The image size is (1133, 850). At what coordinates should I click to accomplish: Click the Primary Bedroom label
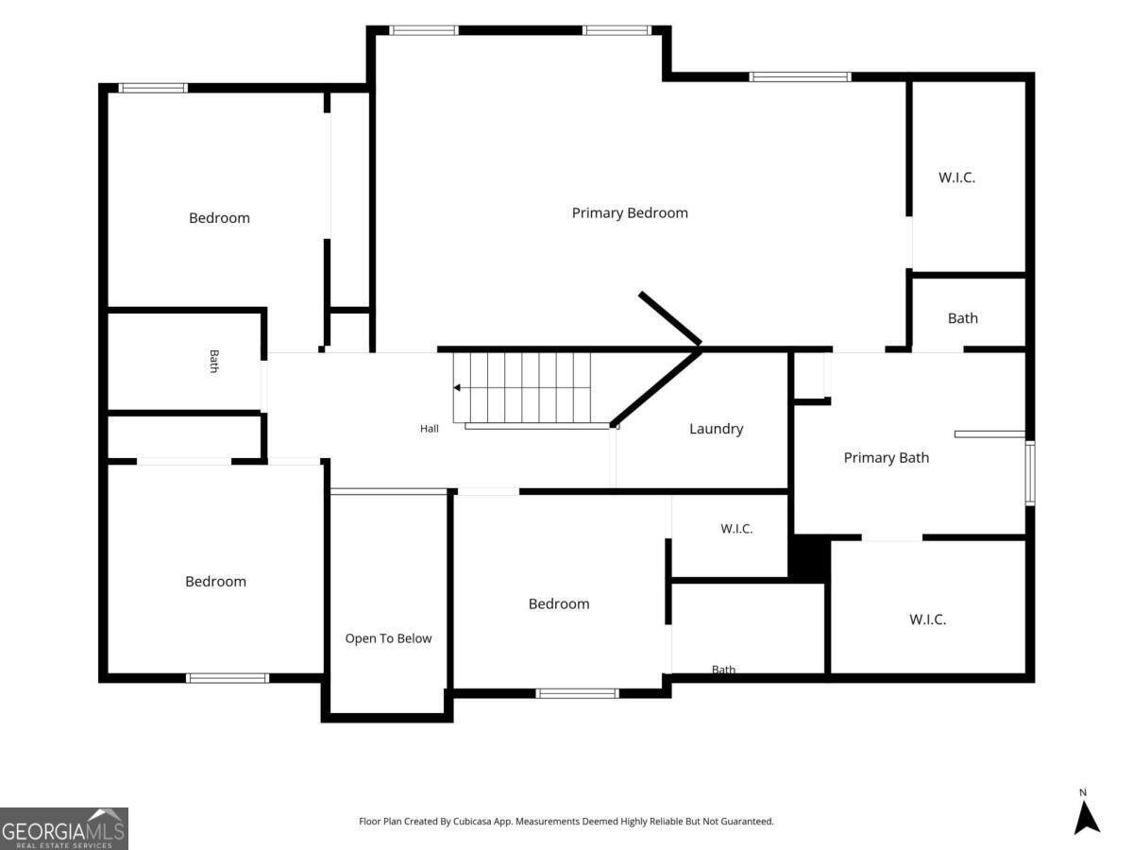[x=629, y=212]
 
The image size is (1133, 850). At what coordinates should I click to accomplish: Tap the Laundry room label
[x=716, y=429]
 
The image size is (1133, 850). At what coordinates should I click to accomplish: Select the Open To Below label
[x=388, y=638]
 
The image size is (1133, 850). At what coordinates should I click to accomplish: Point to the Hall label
[x=429, y=429]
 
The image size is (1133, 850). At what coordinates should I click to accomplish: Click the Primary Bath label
[x=887, y=458]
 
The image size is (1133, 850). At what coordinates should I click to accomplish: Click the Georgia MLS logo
[x=63, y=828]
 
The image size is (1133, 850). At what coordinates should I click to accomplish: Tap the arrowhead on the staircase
[x=457, y=387]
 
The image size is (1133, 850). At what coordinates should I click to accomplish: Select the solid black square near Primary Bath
[x=809, y=559]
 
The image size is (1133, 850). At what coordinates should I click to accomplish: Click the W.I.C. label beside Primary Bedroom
[x=956, y=178]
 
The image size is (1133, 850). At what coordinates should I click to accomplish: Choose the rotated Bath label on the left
[x=213, y=361]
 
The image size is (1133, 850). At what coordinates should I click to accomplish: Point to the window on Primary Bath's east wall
[x=1029, y=473]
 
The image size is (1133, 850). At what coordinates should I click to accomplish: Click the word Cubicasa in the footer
[x=472, y=821]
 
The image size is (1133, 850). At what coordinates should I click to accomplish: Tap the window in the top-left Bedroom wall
[x=153, y=88]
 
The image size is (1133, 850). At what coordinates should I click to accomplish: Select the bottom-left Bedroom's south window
[x=228, y=678]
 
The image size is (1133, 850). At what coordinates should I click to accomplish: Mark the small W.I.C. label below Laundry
[x=736, y=529]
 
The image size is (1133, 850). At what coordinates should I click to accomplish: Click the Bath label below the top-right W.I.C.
[x=962, y=318]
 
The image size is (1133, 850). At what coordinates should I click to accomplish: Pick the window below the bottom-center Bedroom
[x=577, y=693]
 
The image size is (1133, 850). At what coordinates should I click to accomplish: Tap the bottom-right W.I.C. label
[x=927, y=620]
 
